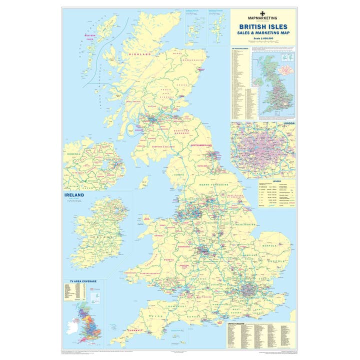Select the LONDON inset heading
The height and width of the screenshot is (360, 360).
[289, 123]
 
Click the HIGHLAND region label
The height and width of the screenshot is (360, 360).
[140, 54]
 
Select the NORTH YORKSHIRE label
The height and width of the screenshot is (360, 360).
[214, 185]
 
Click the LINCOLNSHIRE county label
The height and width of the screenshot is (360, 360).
[243, 224]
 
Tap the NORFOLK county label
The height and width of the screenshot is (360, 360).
[271, 245]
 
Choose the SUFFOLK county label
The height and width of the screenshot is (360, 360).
[274, 261]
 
